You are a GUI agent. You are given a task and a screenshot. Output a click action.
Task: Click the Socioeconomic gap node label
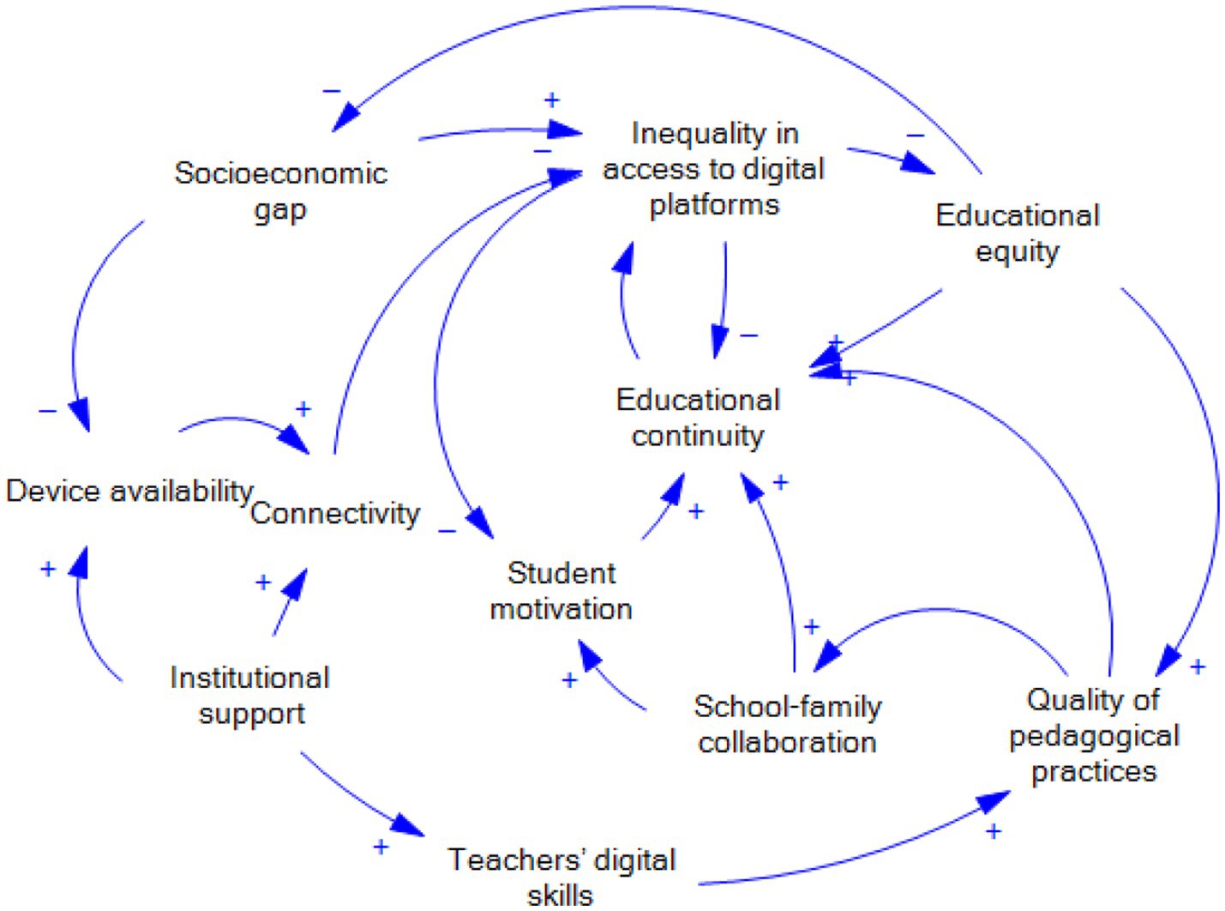tap(280, 190)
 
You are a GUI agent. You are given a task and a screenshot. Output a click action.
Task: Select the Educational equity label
tap(1018, 232)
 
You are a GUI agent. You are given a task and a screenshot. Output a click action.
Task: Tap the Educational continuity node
tap(698, 418)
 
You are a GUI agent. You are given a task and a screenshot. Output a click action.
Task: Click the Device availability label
tap(129, 492)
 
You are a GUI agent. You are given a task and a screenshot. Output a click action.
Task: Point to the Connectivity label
tap(335, 514)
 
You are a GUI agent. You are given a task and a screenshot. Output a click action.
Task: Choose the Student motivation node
tap(561, 591)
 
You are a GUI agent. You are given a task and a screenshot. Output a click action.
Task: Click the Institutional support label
tap(250, 696)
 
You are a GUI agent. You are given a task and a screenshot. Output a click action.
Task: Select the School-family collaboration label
tap(787, 724)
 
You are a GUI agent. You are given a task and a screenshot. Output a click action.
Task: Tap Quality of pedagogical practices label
tap(1094, 735)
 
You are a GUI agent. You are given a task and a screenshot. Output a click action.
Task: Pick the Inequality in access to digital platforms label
tap(713, 169)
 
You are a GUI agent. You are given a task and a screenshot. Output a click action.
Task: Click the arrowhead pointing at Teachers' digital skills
tap(408, 826)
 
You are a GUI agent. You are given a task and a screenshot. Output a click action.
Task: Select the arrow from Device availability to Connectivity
tap(240, 421)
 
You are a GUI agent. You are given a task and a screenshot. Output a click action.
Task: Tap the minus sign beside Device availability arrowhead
tap(48, 412)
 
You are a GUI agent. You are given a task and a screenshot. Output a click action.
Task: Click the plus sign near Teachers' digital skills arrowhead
tap(381, 848)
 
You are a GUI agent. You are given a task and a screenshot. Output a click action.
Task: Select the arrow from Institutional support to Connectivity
tap(288, 605)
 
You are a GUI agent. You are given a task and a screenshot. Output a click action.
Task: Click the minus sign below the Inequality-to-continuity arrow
tap(748, 335)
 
